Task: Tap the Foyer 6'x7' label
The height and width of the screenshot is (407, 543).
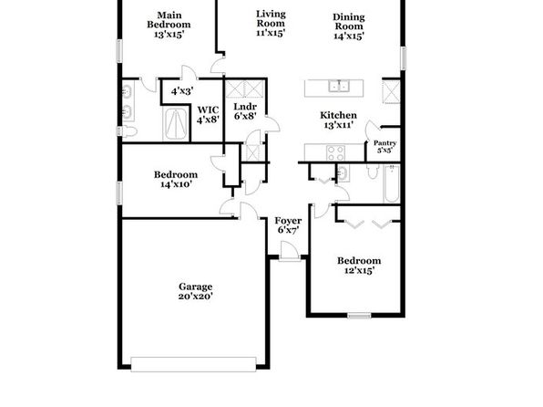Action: (x=288, y=225)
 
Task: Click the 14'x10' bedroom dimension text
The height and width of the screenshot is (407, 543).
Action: (x=176, y=184)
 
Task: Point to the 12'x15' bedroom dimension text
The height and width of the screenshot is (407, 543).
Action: (x=359, y=270)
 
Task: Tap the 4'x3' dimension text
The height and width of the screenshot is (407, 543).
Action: (x=182, y=91)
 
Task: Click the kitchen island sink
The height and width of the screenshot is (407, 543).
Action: (x=339, y=86)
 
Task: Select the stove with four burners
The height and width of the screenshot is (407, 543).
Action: (x=335, y=153)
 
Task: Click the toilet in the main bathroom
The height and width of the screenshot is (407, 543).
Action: (x=127, y=131)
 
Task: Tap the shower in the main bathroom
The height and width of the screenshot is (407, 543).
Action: (x=176, y=124)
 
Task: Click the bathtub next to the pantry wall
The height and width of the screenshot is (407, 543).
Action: (x=392, y=183)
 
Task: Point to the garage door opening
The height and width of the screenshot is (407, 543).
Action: (x=193, y=364)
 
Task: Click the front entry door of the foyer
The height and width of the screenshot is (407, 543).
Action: (x=290, y=251)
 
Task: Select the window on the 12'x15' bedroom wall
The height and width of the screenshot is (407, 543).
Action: (x=359, y=316)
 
